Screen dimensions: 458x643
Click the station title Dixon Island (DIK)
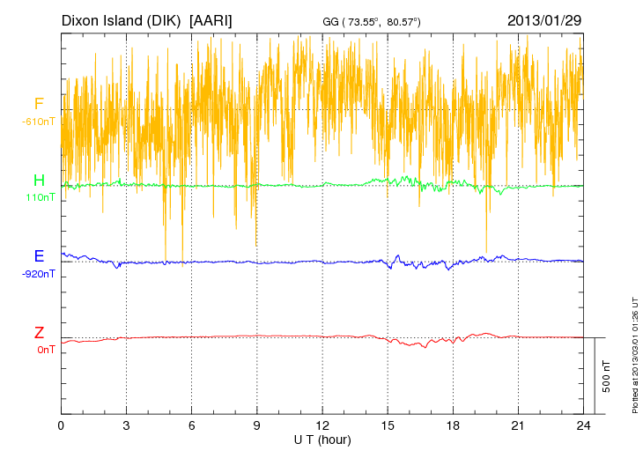122,19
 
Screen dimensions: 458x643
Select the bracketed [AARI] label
211,19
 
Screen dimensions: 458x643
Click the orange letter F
39,105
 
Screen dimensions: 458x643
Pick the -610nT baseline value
39,121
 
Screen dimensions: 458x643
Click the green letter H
39,181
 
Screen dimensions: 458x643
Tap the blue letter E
39,256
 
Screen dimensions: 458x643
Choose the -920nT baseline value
39,273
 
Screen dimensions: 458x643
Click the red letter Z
39,333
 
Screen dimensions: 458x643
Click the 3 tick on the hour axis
127,425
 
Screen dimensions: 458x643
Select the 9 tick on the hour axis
257,425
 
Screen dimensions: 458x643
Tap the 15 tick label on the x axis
388,425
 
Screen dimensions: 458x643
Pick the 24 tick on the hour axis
583,425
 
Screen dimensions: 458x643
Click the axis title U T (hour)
322,439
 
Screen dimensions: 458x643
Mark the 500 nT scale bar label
607,376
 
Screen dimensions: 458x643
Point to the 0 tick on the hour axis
62,425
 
